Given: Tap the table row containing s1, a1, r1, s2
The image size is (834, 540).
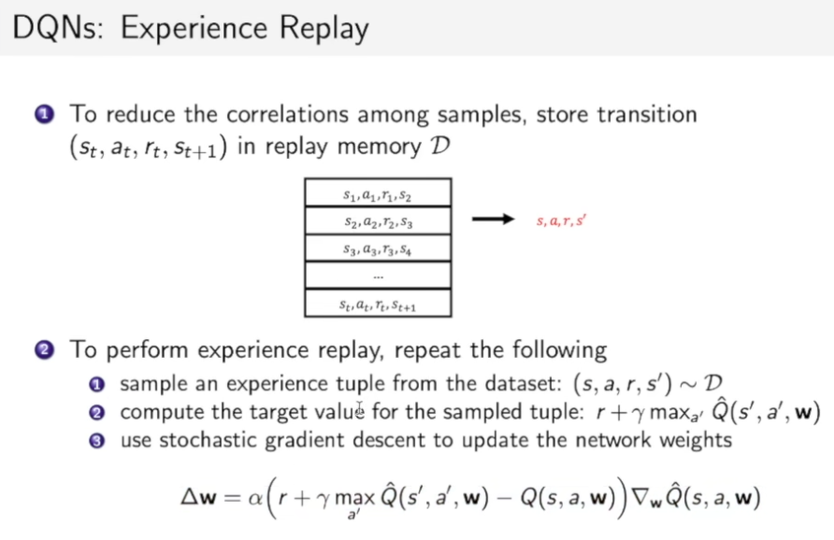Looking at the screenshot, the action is [x=378, y=193].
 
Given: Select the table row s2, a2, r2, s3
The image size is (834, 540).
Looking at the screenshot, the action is [x=378, y=221].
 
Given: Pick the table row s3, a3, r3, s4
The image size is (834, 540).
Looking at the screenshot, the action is [x=378, y=249].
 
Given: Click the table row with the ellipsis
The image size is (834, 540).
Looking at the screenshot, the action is [x=378, y=276].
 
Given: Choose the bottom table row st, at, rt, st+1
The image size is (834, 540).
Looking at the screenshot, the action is [x=378, y=304].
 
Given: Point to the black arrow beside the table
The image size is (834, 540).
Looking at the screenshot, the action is [x=493, y=220].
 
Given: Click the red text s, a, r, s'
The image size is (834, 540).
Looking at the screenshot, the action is [x=561, y=220].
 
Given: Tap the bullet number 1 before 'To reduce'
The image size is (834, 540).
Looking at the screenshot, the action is [x=44, y=115].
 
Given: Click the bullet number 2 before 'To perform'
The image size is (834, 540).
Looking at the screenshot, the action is [x=44, y=350].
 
